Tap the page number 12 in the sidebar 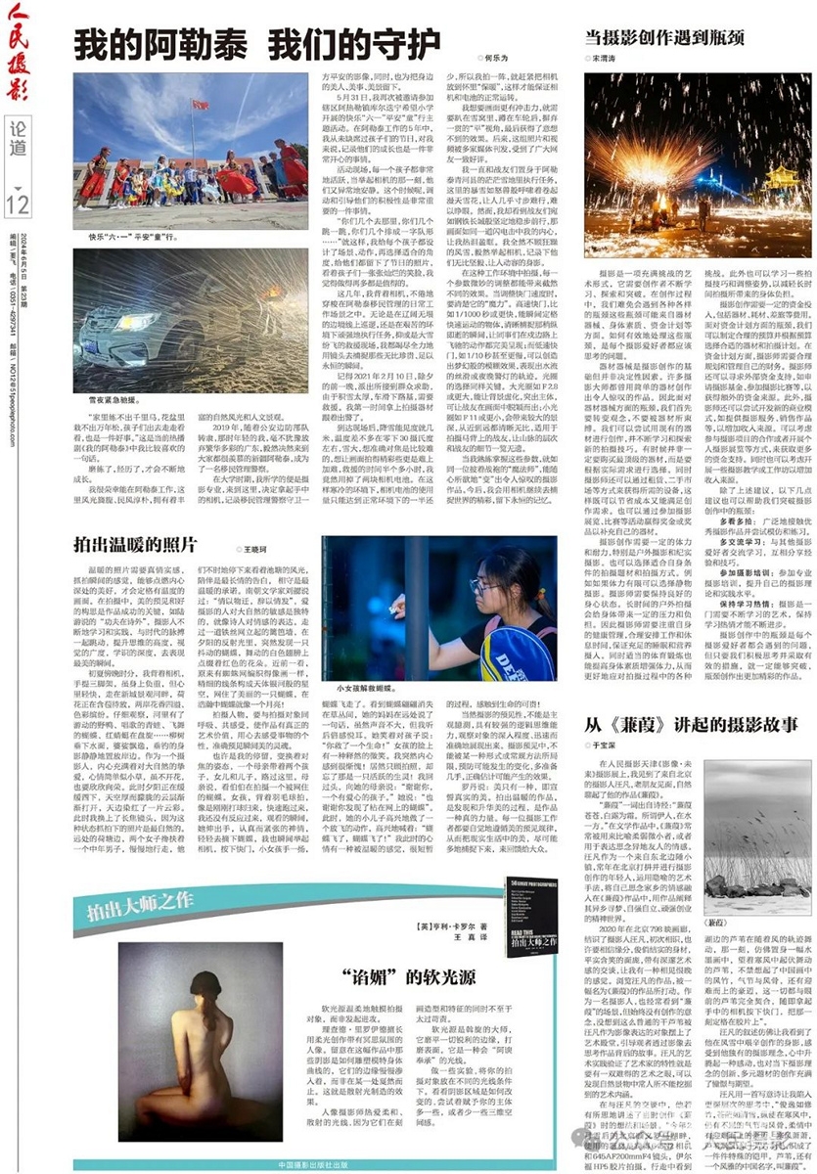pos(19,203)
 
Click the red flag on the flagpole pos(200,104)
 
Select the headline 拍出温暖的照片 pos(137,541)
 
